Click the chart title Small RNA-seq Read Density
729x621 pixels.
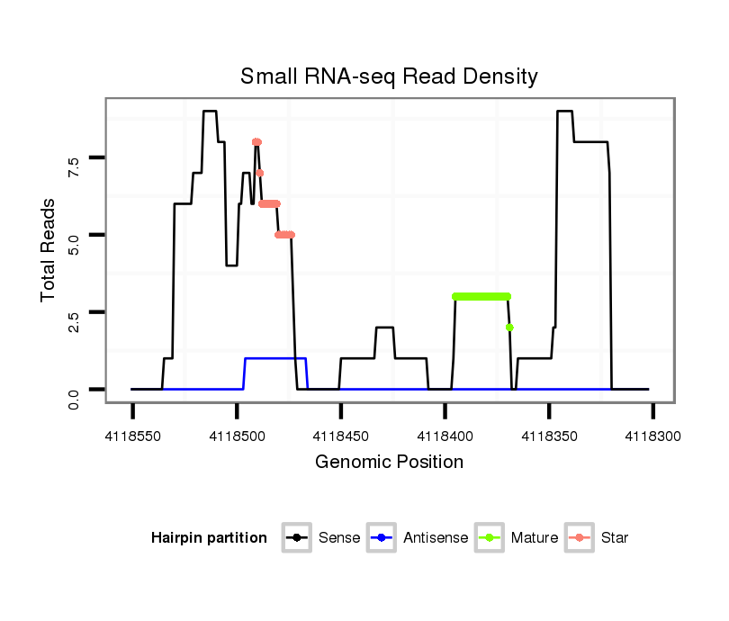coord(389,76)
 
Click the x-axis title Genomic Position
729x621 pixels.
coord(389,463)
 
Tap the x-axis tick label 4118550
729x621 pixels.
coord(132,436)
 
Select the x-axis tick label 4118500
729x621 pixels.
coord(237,436)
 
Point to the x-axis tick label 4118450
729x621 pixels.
coord(341,436)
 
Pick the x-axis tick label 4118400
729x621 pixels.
coord(445,436)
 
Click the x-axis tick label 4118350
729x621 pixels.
coord(549,436)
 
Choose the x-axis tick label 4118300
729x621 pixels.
coord(652,436)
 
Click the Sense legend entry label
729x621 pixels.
coord(339,538)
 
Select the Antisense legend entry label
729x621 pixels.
coord(436,538)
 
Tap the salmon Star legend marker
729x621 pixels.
coord(580,538)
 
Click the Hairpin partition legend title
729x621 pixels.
coord(209,538)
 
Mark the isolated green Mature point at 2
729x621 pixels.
coord(509,327)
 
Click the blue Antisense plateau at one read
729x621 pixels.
coord(275,358)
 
